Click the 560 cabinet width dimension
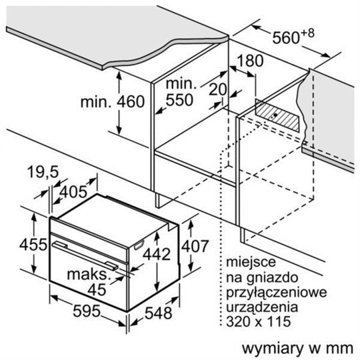tap(286, 37)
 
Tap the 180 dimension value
tap(250, 61)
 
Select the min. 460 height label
tap(113, 101)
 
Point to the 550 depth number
tap(179, 100)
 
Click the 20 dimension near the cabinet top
tap(217, 89)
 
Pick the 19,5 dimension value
tap(43, 172)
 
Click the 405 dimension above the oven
tap(73, 192)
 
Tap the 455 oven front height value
tap(33, 245)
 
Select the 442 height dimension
tap(157, 254)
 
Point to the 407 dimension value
tap(195, 246)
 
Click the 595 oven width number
tap(87, 311)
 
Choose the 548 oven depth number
tap(159, 313)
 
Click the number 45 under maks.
tap(97, 290)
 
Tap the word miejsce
tap(251, 262)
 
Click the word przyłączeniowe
tap(277, 293)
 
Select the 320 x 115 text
tap(259, 321)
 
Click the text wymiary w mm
tap(298, 349)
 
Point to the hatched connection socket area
tap(278, 115)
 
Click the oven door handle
tap(85, 255)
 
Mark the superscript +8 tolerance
tap(307, 33)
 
